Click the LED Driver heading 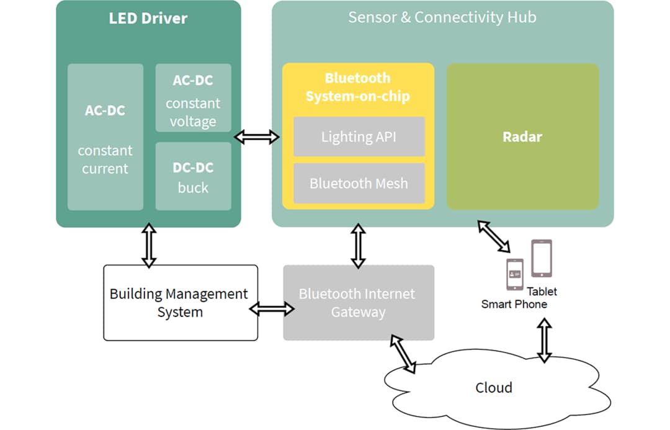point(148,18)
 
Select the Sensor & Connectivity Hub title point(442,17)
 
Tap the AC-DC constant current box point(105,137)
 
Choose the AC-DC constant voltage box point(193,97)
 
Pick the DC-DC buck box point(193,176)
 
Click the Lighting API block point(359,137)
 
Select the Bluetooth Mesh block point(359,183)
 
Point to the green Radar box point(522,137)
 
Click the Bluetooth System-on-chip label point(357,87)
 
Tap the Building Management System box point(180,303)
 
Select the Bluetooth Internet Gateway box point(358,303)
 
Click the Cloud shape point(494,388)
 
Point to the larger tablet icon point(541,258)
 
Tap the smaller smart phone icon point(515,274)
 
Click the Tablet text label point(542,292)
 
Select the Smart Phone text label point(514,305)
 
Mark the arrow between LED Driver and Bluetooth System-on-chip point(257,137)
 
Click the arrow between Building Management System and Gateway point(271,308)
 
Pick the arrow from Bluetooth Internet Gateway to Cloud point(403,354)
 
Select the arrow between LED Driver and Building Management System point(148,246)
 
